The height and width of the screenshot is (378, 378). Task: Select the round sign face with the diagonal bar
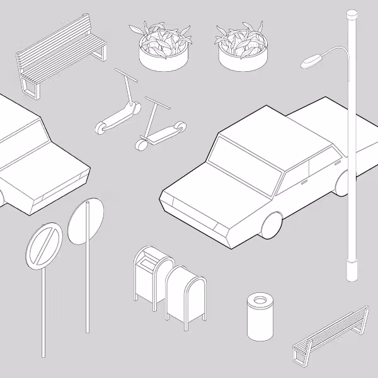pyautogui.click(x=43, y=247)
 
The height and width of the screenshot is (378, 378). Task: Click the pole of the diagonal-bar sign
pyautogui.click(x=43, y=309)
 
